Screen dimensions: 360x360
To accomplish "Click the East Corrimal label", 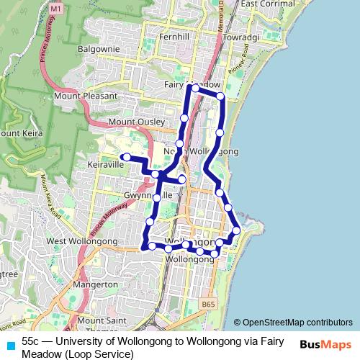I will (x=268, y=4).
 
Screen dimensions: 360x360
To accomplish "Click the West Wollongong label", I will (x=71, y=240).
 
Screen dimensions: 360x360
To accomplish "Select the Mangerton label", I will (x=95, y=285).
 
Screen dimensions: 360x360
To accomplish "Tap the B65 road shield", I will (x=208, y=305).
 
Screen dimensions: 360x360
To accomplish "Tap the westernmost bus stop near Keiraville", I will (x=126, y=157).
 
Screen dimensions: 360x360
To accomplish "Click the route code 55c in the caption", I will (x=31, y=341).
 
